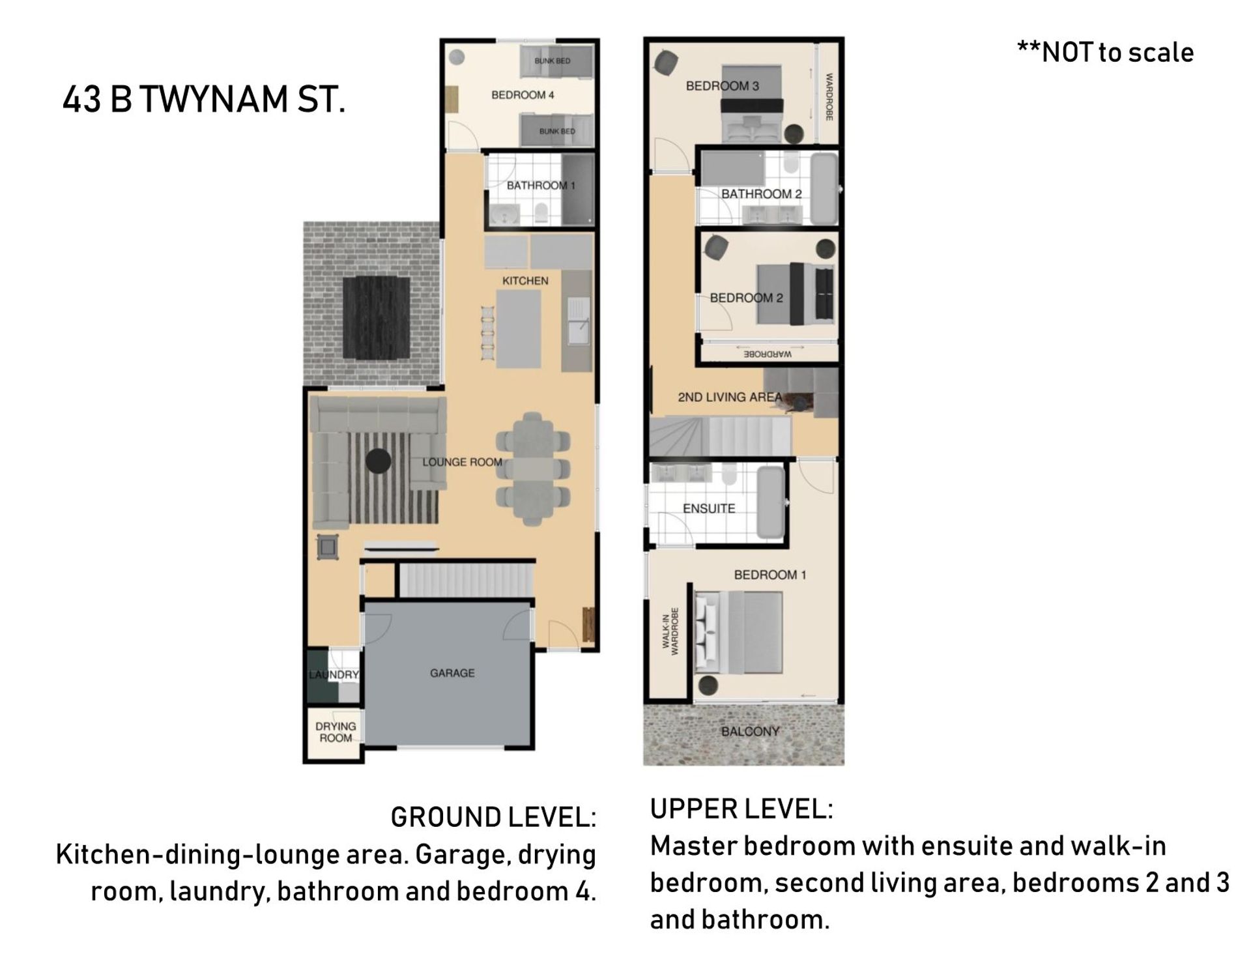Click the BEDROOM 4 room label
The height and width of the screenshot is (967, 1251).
(x=523, y=95)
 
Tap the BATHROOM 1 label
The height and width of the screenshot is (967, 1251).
(x=541, y=186)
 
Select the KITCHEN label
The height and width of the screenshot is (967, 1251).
(x=525, y=281)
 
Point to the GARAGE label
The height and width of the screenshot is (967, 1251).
(x=452, y=673)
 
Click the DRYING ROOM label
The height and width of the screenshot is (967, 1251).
(x=336, y=732)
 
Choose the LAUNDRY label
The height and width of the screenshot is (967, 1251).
(x=334, y=674)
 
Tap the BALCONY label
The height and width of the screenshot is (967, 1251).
(x=750, y=731)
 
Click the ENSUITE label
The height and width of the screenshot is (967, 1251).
(x=709, y=508)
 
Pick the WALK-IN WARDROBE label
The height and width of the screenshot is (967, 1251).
(x=670, y=631)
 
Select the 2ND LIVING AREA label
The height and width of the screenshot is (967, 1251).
(x=730, y=397)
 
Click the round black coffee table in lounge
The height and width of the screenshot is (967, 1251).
(x=378, y=461)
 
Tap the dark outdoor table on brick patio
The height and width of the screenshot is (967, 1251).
(x=377, y=317)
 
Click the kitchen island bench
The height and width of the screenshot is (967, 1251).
(x=519, y=329)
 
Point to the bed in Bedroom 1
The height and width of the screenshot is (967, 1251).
(x=738, y=632)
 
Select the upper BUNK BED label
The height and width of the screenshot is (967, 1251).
(x=553, y=61)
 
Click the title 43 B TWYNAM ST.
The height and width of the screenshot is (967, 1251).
(x=203, y=100)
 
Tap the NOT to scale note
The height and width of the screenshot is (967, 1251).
(x=1105, y=52)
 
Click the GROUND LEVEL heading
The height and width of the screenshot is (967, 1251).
(x=493, y=817)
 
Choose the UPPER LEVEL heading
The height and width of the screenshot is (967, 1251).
(x=741, y=809)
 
